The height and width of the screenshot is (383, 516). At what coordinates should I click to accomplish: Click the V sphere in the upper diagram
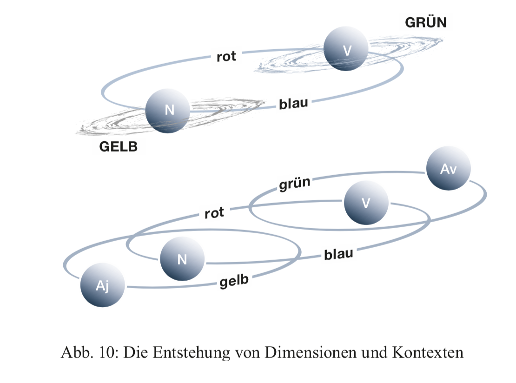tap(346, 49)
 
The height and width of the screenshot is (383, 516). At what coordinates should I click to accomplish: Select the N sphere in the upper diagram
tap(167, 111)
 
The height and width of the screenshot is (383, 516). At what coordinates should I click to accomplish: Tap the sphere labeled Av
tap(448, 169)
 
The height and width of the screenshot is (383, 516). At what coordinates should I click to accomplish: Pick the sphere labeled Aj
tap(103, 285)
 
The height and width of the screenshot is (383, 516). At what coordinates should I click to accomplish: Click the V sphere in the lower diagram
tap(366, 203)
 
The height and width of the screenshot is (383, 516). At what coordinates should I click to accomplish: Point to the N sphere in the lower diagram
tap(182, 259)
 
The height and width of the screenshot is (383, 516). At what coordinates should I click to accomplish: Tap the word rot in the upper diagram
tap(226, 57)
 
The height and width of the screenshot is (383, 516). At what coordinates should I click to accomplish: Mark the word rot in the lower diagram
tap(214, 213)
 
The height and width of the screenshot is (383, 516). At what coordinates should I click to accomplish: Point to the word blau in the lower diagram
tap(338, 254)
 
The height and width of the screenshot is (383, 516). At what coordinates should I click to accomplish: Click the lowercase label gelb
tap(235, 281)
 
